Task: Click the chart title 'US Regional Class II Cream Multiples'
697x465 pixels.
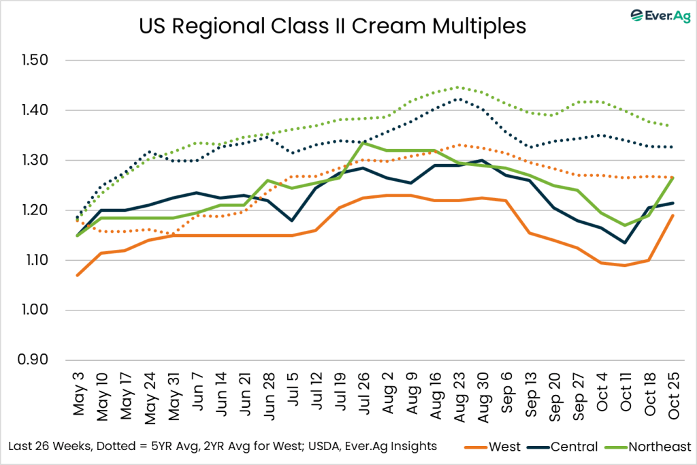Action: [333, 26]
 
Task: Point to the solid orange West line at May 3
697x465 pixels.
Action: [79, 275]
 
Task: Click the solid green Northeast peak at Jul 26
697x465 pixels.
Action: [363, 143]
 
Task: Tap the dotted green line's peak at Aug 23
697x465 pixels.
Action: [458, 87]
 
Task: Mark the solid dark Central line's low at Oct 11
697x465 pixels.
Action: [624, 242]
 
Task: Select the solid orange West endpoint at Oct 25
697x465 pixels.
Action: [672, 215]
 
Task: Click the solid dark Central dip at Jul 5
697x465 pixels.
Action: [292, 221]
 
